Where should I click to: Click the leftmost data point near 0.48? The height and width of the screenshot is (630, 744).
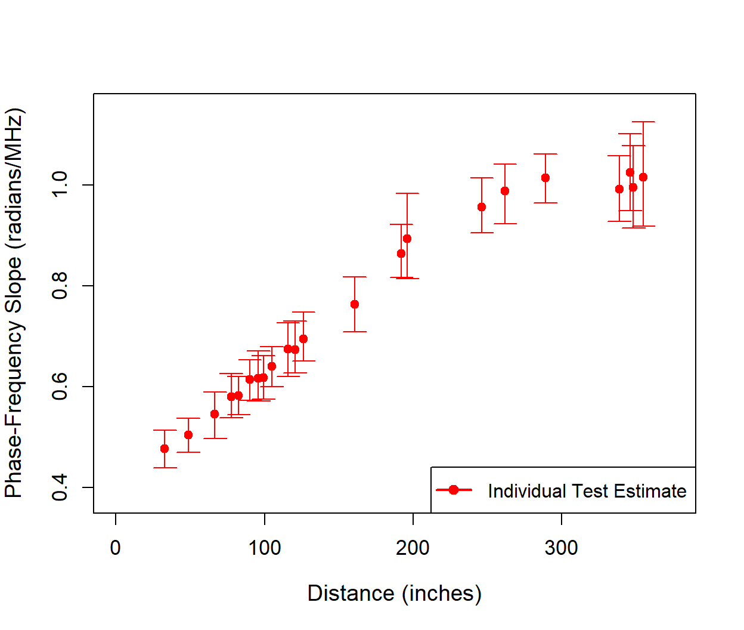click(x=165, y=449)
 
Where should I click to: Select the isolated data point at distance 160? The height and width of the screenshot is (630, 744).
click(x=355, y=304)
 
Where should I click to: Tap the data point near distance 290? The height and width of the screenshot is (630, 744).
click(x=545, y=178)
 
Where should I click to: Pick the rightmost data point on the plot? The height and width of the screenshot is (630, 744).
click(x=643, y=177)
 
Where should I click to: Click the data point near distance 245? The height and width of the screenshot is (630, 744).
click(x=482, y=207)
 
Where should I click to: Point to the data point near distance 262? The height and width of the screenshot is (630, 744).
click(x=505, y=191)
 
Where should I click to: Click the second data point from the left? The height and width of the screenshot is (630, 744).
click(x=188, y=435)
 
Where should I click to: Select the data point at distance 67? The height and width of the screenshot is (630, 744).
click(x=215, y=414)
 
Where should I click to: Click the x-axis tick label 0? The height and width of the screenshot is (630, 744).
click(x=116, y=548)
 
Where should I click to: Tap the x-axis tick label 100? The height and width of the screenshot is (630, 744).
click(x=264, y=548)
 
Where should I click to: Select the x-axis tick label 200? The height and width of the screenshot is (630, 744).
click(x=413, y=548)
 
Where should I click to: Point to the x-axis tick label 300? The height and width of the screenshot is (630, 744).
click(x=561, y=548)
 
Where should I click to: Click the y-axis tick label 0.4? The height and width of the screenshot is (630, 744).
click(x=60, y=487)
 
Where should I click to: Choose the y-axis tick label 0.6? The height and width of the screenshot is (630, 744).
click(x=60, y=387)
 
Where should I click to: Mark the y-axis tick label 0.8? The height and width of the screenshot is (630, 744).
click(x=60, y=286)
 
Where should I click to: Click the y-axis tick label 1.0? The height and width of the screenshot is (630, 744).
click(x=60, y=185)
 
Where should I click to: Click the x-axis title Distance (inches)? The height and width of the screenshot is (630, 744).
click(x=394, y=594)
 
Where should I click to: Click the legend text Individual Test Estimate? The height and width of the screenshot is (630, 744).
click(x=587, y=491)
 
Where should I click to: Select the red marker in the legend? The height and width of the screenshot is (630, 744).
click(x=454, y=490)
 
